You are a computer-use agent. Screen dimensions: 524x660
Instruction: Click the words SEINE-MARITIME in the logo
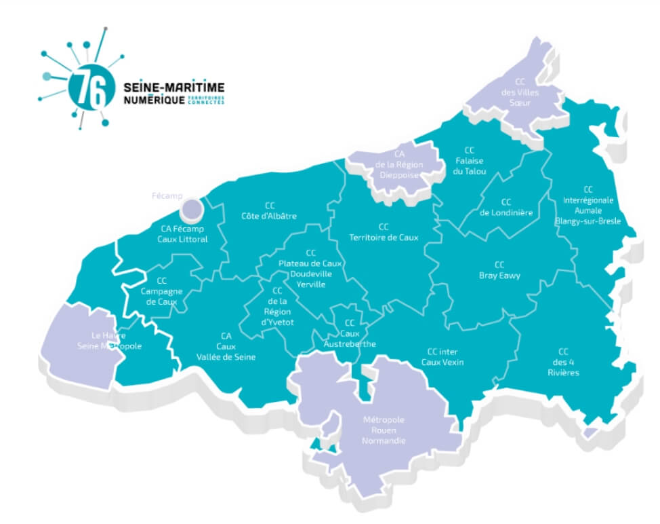(174, 88)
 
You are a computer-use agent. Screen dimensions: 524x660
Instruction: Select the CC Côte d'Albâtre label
(269, 210)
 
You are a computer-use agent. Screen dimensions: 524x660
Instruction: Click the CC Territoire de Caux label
(384, 232)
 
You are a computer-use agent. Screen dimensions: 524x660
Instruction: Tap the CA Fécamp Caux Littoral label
(182, 234)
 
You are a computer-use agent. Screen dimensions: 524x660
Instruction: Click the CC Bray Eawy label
(499, 270)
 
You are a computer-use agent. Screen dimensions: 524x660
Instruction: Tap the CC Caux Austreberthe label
(350, 333)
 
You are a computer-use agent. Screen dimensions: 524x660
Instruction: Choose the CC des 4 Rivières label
(563, 362)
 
